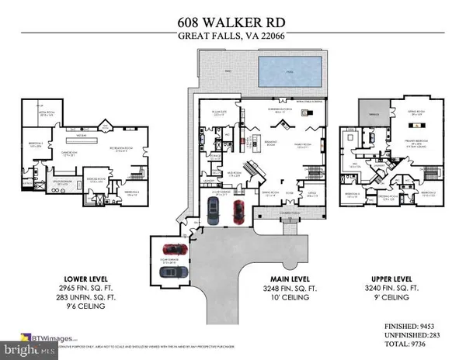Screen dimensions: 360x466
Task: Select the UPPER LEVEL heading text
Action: [x=389, y=277]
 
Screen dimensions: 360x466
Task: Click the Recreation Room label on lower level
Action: [x=123, y=151]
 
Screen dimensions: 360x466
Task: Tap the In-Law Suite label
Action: [x=214, y=122]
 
